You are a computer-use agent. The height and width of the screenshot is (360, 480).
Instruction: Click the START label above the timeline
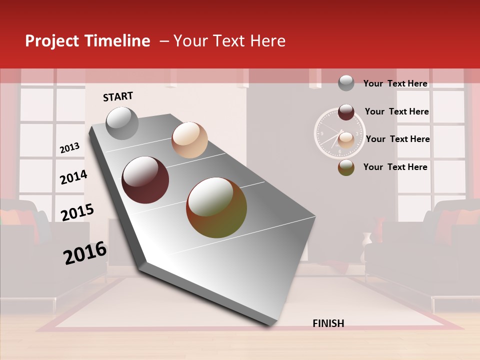pos(118,96)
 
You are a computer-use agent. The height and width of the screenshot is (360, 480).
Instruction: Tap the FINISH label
pos(328,323)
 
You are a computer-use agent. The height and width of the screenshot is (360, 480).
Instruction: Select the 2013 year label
pos(69,148)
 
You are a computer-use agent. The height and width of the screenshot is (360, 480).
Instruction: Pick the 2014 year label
pos(73,177)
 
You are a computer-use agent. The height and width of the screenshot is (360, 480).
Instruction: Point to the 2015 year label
pos(77,212)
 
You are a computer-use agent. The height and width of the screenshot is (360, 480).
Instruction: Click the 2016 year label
pos(85,253)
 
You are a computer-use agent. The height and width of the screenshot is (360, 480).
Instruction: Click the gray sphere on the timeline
pos(122,123)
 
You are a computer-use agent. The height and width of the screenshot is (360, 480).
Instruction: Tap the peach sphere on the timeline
pos(189,139)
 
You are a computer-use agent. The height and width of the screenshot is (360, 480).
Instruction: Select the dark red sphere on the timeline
pos(145,180)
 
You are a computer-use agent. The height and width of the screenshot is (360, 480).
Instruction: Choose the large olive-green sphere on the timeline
pos(216,207)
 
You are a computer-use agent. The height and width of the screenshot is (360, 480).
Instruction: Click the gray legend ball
pos(346,83)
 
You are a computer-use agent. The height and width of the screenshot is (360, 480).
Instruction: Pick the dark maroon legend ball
pos(346,112)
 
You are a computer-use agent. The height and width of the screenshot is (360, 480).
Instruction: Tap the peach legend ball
pos(346,140)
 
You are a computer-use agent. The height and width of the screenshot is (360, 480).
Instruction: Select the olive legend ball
pos(346,167)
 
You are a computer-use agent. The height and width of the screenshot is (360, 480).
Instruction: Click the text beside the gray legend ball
pos(395,83)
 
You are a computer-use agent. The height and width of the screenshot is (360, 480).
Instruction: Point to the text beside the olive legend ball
pos(395,167)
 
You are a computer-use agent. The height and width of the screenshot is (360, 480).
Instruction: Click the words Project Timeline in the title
pos(87,41)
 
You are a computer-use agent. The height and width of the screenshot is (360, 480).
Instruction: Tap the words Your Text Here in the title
pos(229,41)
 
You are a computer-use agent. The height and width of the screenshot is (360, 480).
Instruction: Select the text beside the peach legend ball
pos(397,139)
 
